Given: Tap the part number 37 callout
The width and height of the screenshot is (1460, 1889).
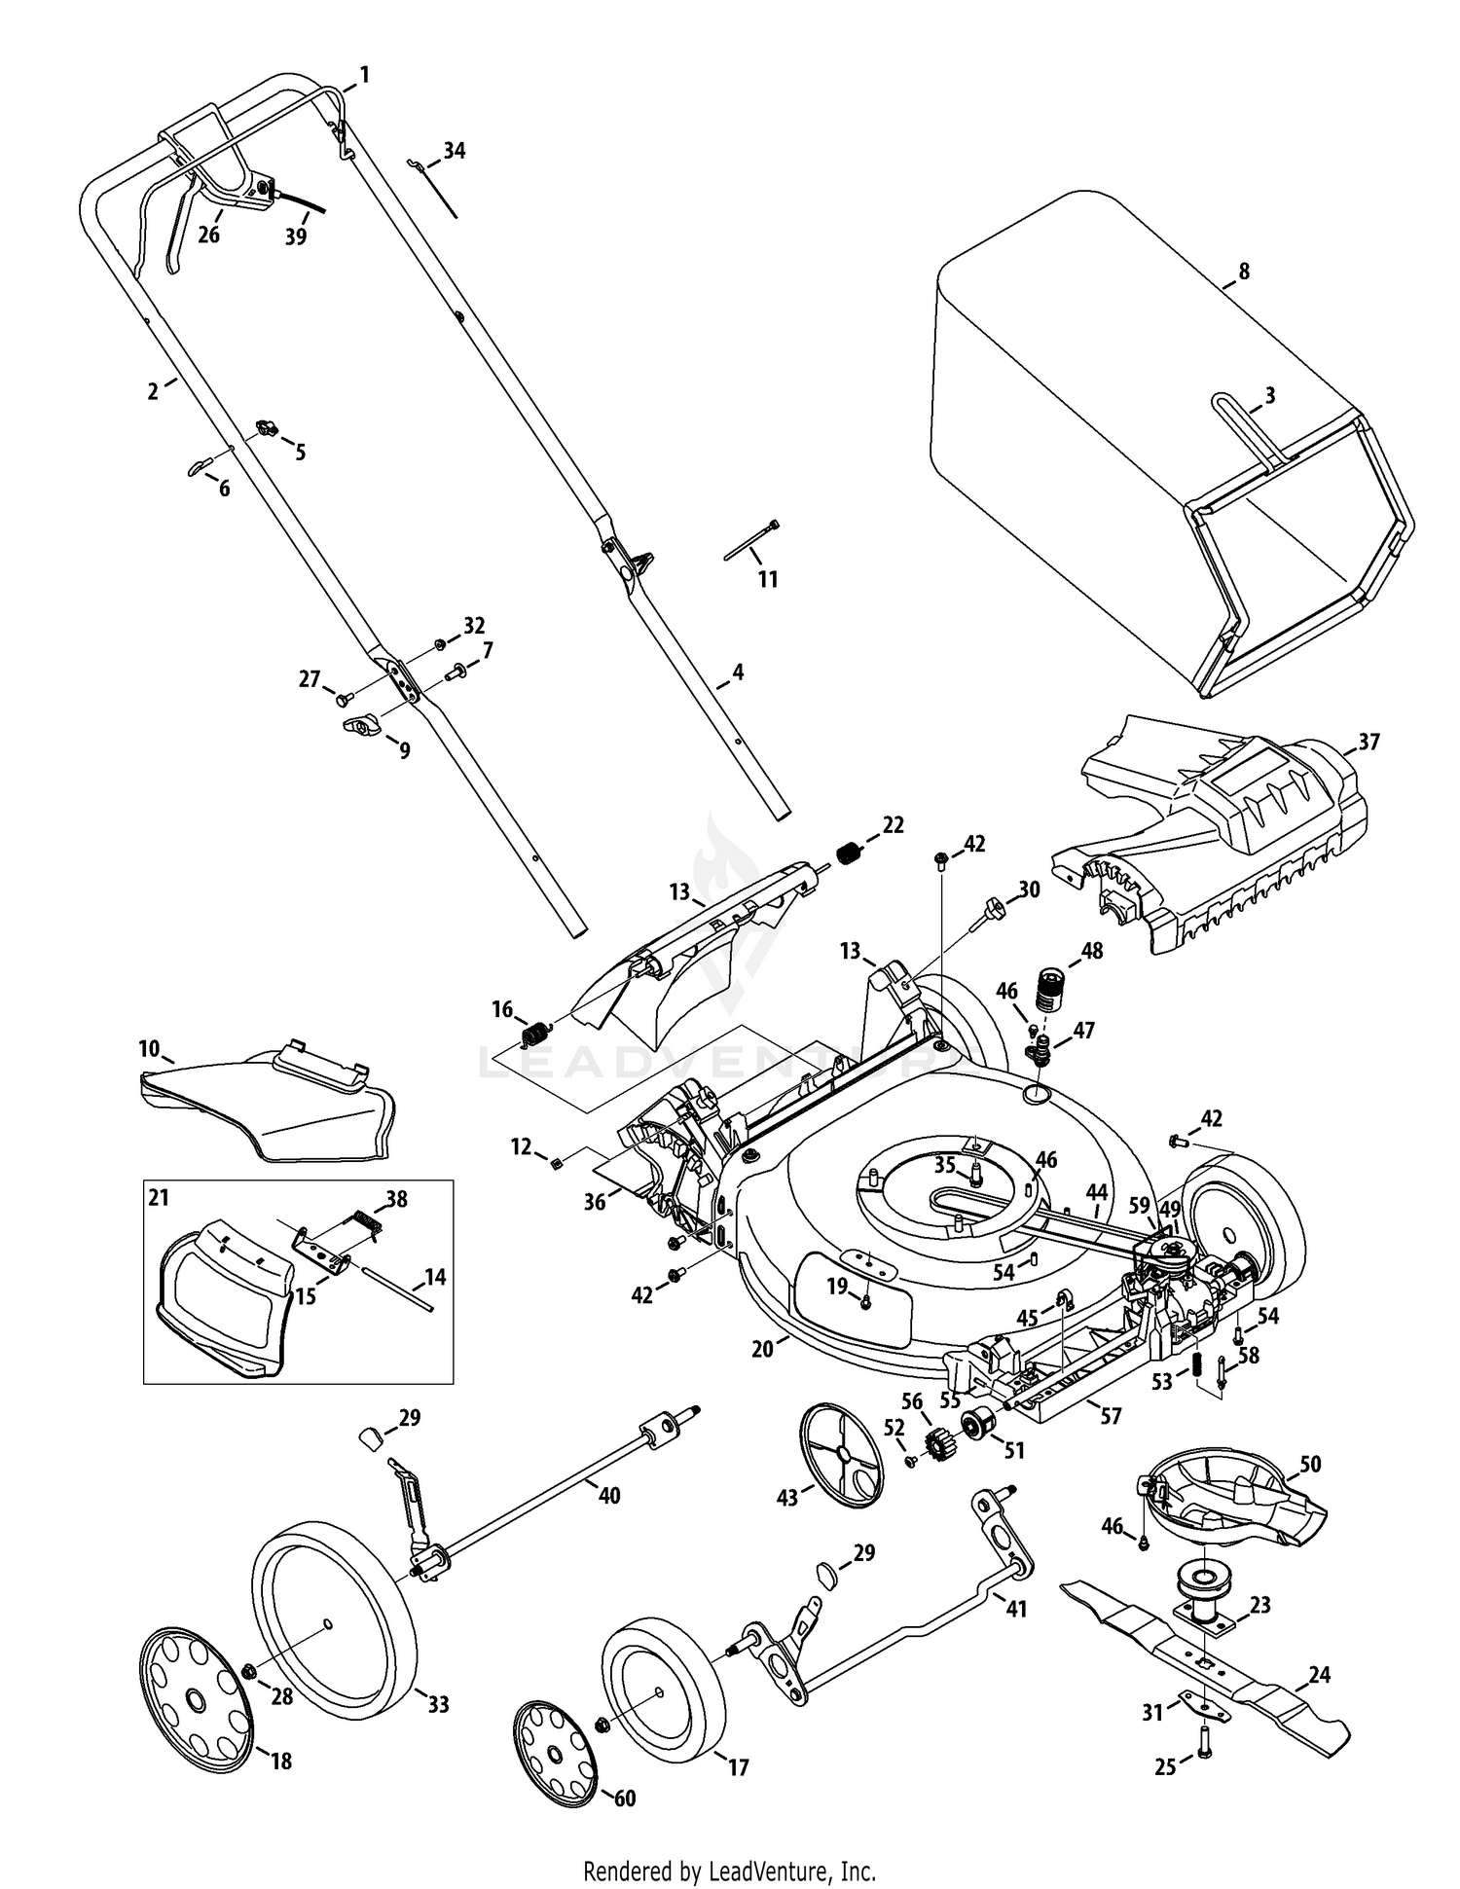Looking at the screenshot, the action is click(1369, 742).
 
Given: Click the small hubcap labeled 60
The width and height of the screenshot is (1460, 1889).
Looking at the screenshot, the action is click(554, 1753).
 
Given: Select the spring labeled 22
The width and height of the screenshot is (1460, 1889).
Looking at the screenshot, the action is click(851, 854).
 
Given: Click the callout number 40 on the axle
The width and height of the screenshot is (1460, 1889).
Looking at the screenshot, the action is click(608, 1495).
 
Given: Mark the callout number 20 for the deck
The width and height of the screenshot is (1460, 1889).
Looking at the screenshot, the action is click(762, 1348).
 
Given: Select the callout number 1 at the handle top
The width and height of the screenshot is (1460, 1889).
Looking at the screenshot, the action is click(365, 74).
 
